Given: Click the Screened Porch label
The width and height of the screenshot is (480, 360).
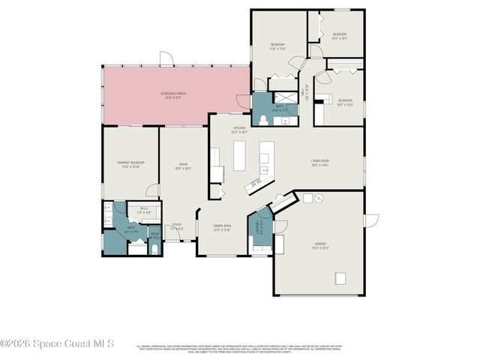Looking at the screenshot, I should (x=174, y=94).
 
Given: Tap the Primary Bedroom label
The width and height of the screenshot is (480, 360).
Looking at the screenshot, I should (x=130, y=165).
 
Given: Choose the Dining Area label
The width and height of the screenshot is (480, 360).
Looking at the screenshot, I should (x=222, y=227).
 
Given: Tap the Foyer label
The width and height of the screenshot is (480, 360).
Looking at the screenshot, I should (x=177, y=226).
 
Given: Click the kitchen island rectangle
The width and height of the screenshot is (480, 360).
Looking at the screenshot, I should (x=241, y=155).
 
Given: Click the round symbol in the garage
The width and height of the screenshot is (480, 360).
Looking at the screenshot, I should (x=317, y=198).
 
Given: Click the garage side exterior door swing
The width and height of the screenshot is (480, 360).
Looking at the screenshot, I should (x=371, y=220).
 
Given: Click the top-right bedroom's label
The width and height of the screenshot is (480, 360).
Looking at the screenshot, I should (x=339, y=35).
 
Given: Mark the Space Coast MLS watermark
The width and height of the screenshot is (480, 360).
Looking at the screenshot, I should (x=57, y=343).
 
